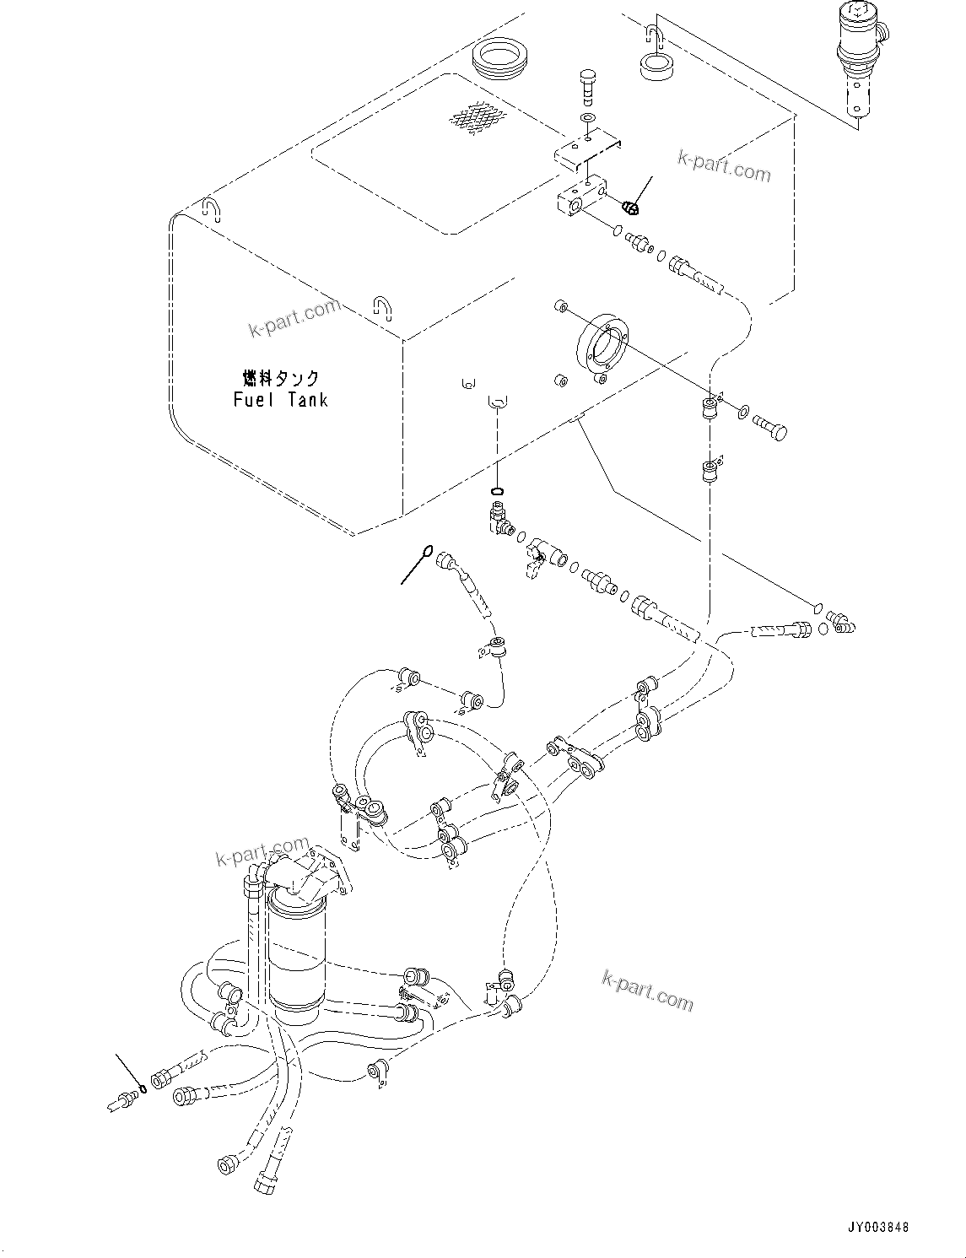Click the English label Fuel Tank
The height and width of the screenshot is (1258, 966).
[280, 399]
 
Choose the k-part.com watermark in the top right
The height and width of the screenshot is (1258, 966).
[724, 166]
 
